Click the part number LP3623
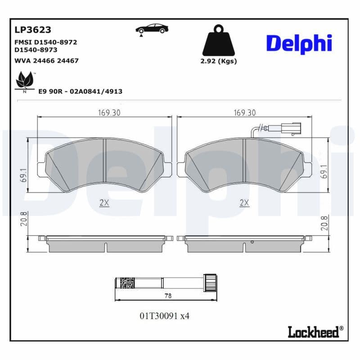tap(33, 30)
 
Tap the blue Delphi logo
tap(299, 43)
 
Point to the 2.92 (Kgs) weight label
tap(219, 61)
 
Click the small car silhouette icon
tap(152, 28)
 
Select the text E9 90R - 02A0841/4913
tap(80, 91)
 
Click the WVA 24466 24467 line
tap(46, 60)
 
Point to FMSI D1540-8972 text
tap(46, 42)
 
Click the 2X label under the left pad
tap(104, 203)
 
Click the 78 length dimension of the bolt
tap(168, 296)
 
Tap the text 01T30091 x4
tap(164, 316)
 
